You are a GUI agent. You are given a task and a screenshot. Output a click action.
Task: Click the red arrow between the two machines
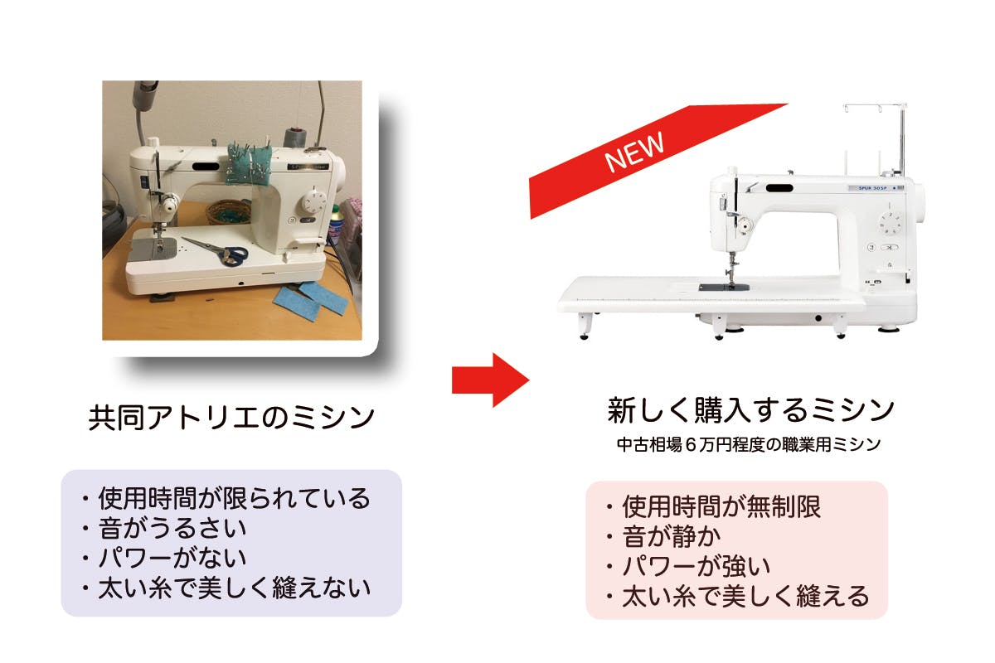(x=491, y=380)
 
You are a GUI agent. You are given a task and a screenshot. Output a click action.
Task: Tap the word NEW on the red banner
(x=634, y=152)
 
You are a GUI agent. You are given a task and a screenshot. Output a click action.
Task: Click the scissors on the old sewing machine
(x=216, y=251)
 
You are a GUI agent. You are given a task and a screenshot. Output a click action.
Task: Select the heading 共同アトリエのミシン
(x=231, y=417)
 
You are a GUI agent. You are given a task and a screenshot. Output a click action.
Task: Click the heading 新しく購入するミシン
(x=750, y=409)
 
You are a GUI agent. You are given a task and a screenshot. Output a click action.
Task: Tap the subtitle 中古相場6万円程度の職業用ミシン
(x=749, y=444)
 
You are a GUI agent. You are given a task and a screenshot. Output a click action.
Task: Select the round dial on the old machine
(x=314, y=201)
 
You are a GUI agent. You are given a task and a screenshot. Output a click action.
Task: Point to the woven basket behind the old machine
(x=230, y=212)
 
